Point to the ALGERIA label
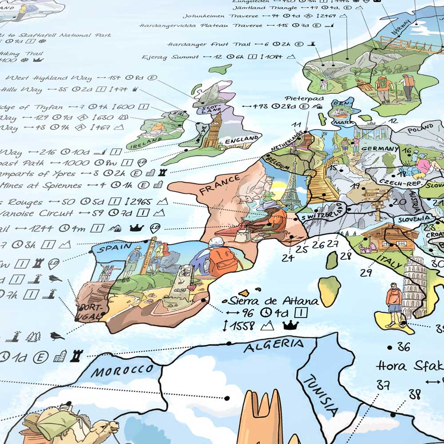pos(274,345)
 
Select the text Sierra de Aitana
pos(273,301)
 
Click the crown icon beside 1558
pos(290,325)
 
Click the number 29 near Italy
pos(366,272)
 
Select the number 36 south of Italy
pos(404,346)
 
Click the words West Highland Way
pos(49,78)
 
